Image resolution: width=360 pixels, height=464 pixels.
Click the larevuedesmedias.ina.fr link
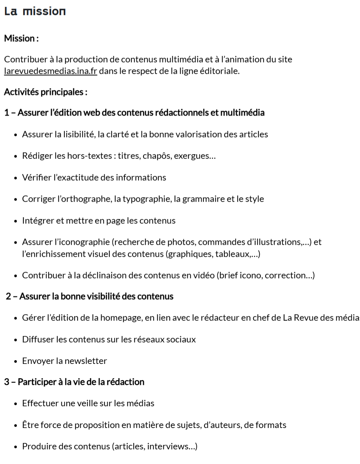point(51,71)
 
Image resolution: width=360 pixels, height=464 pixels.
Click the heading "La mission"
point(35,11)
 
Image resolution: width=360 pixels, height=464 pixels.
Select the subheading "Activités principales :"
point(46,92)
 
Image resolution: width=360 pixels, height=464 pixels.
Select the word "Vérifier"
point(37,177)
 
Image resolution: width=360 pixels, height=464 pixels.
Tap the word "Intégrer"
point(38,220)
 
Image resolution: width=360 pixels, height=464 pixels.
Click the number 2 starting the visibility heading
point(8,296)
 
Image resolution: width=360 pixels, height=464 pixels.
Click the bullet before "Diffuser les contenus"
point(16,340)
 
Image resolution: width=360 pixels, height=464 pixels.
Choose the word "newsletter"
point(86,361)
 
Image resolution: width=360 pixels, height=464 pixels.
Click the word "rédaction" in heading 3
point(125,382)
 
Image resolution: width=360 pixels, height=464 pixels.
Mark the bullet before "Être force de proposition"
point(16,425)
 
